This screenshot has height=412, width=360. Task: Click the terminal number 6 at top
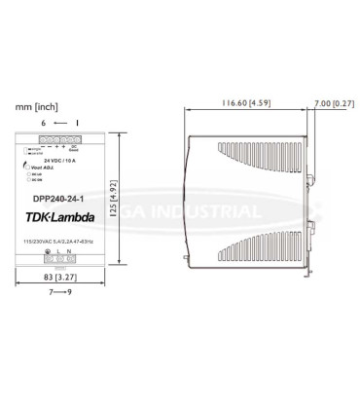pos(43,123)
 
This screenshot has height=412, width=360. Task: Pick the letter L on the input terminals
pos(60,252)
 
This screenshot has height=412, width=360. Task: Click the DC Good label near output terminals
pos(87,149)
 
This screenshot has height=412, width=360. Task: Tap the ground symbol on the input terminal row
pos(48,252)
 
